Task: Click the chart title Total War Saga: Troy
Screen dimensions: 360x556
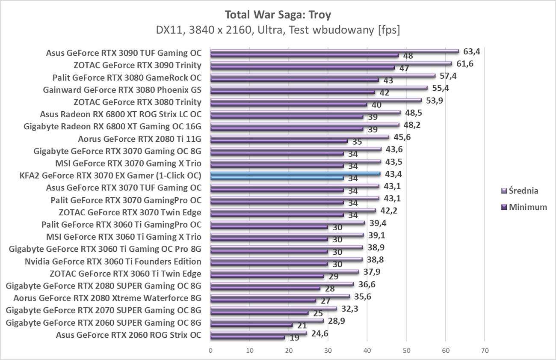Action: tap(278, 15)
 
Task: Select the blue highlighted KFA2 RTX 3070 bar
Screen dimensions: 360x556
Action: tap(295, 173)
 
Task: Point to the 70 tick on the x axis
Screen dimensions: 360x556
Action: tap(485, 351)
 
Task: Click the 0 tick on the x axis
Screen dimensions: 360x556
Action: tap(210, 351)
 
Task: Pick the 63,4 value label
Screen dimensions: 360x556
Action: tap(472, 52)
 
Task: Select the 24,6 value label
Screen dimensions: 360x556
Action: tap(319, 333)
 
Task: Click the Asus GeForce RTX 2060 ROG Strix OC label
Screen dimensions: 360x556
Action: tap(128, 335)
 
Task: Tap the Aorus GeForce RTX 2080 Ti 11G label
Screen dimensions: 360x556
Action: tap(139, 139)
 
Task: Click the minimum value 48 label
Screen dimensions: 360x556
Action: tap(408, 56)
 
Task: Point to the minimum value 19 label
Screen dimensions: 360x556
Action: tap(295, 338)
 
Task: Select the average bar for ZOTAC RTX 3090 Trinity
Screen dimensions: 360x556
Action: tap(331, 63)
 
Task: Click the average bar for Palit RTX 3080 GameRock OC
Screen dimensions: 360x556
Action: tap(323, 76)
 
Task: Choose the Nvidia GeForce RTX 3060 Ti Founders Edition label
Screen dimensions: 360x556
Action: tap(113, 261)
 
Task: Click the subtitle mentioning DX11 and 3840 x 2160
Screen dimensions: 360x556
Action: tap(278, 30)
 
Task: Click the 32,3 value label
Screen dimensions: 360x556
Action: tap(349, 309)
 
